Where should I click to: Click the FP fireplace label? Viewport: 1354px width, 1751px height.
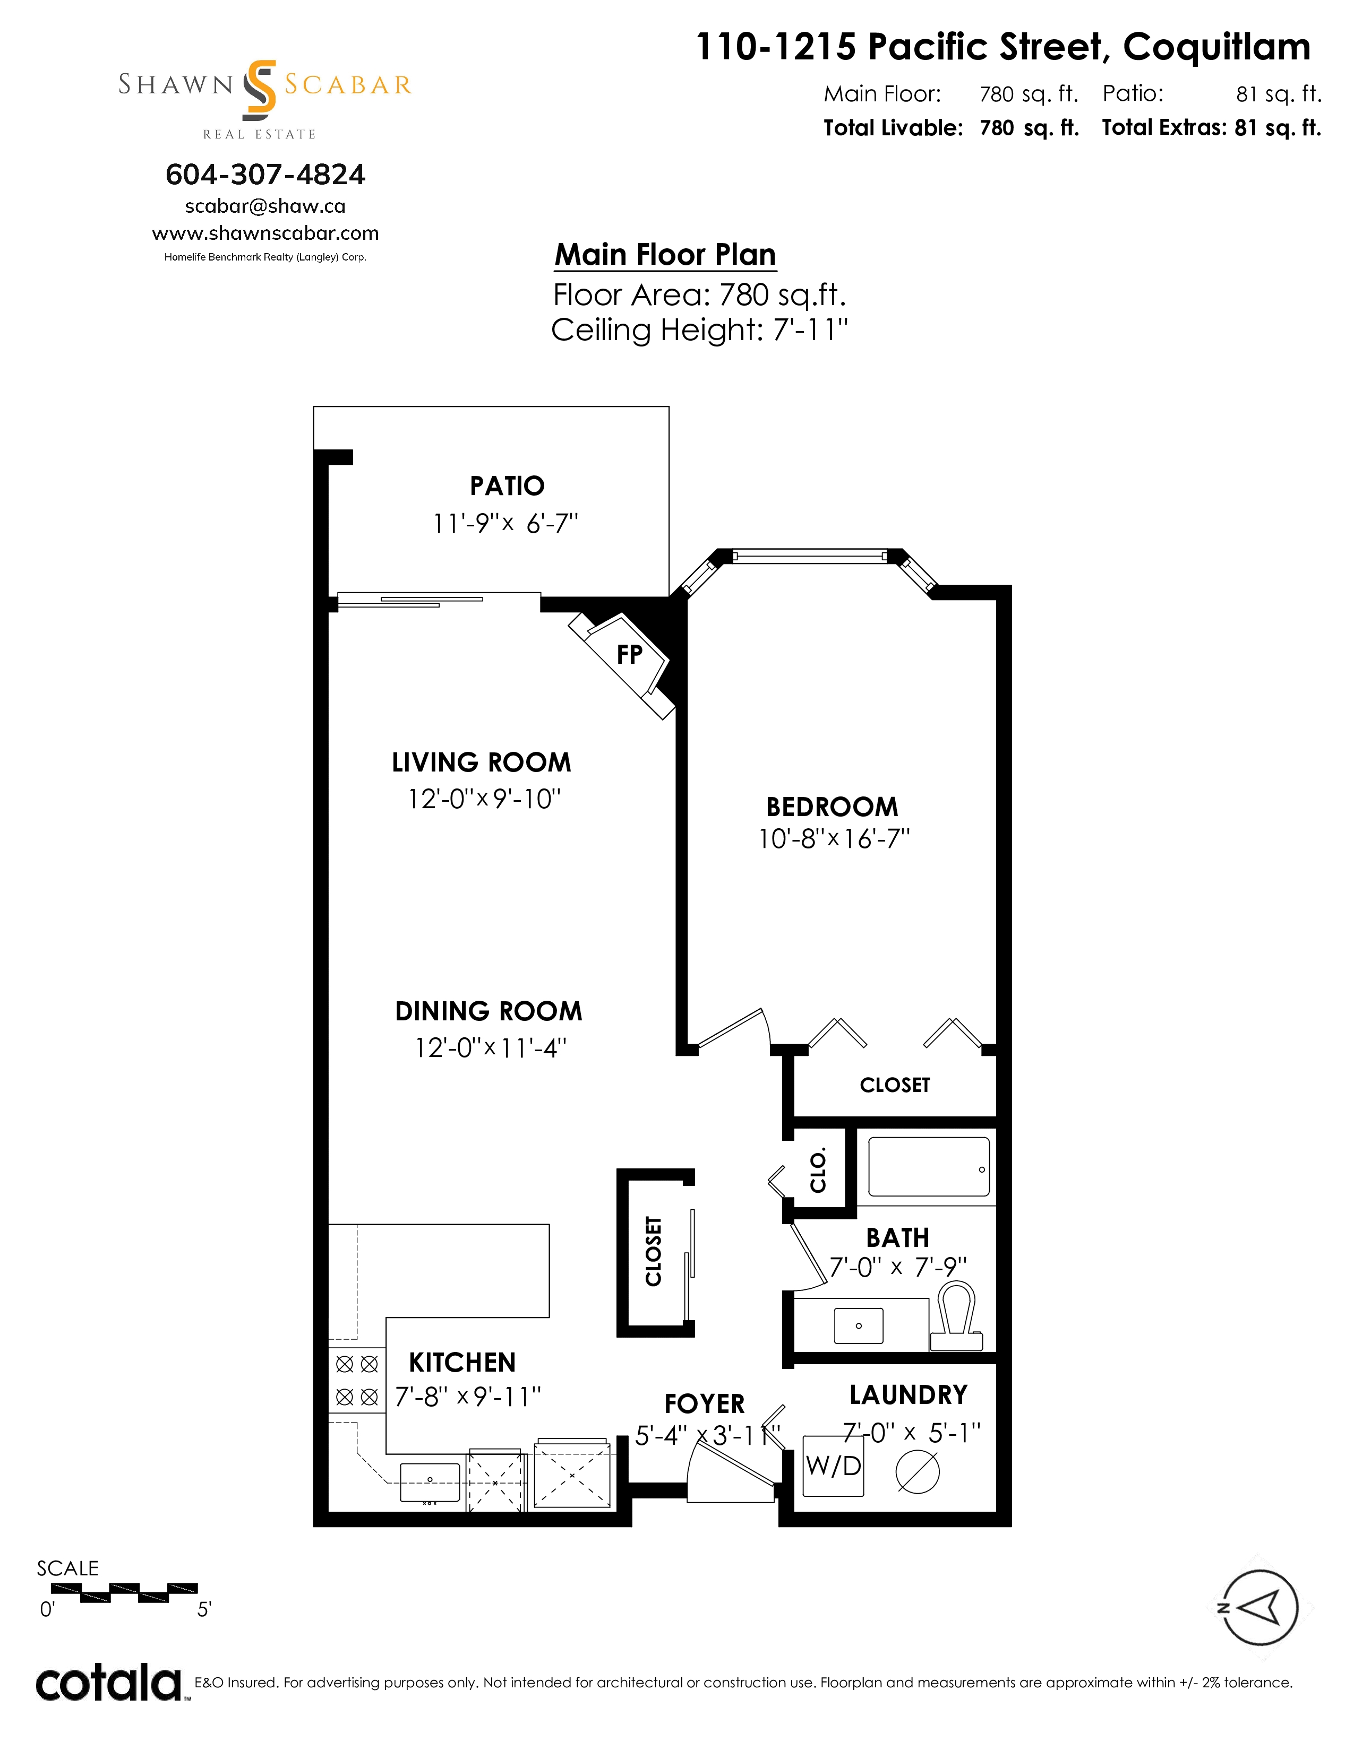630,654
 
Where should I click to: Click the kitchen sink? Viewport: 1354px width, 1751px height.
430,1483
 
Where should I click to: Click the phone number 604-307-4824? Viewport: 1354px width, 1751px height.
265,174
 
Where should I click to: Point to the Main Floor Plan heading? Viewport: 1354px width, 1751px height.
666,254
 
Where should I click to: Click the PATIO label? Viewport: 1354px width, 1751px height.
507,486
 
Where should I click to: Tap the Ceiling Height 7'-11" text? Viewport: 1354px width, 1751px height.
699,330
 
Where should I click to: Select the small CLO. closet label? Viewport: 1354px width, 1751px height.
818,1172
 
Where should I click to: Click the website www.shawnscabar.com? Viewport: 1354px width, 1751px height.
265,233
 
